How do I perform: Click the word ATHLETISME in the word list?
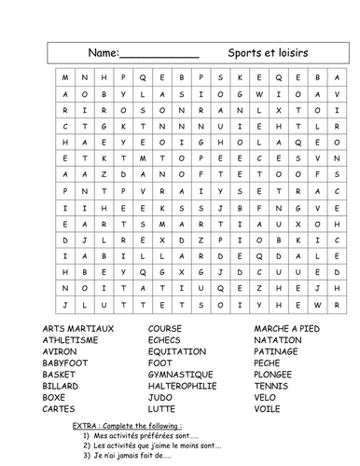point(69,340)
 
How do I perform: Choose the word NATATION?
point(278,340)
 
